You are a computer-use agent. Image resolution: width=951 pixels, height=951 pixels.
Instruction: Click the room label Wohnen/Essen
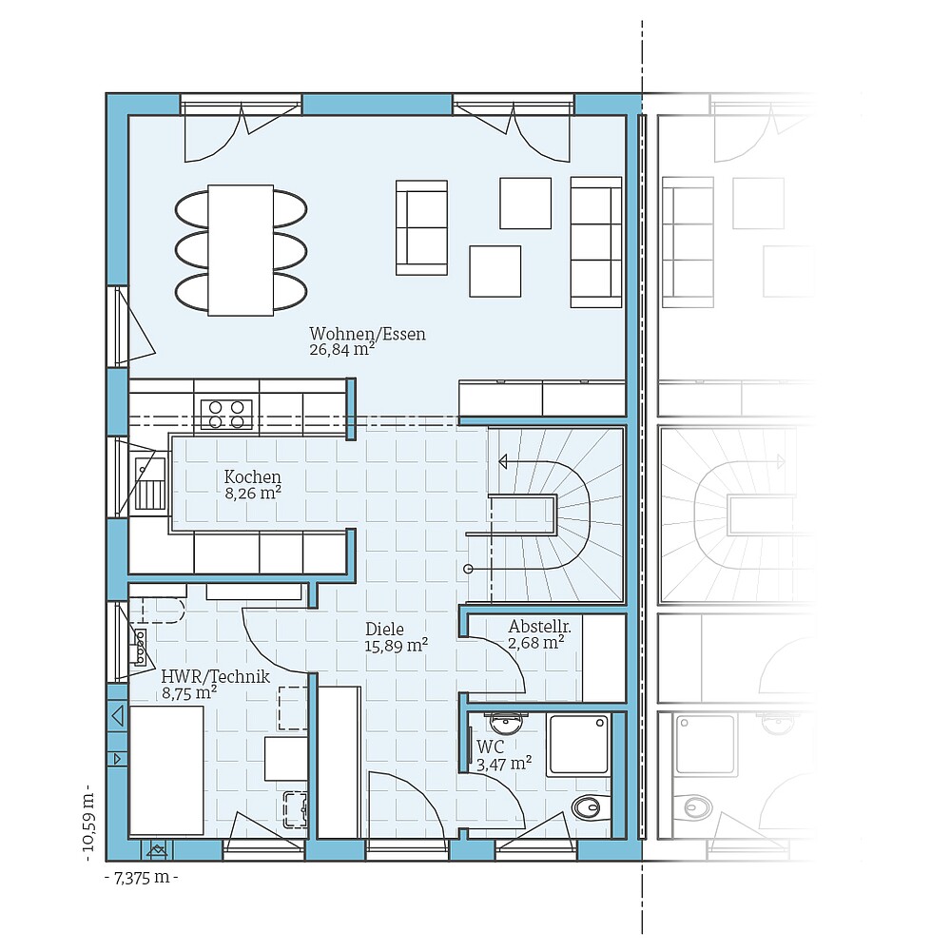tap(367, 334)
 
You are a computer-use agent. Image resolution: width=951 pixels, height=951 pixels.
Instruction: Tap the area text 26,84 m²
tap(341, 350)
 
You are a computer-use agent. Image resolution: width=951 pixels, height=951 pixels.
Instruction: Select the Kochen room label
tap(252, 476)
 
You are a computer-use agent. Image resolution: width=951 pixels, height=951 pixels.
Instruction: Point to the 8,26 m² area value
tap(252, 493)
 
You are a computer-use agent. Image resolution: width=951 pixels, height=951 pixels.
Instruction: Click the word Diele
tap(385, 629)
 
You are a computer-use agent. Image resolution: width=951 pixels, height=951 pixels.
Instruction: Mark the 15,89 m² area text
tap(397, 645)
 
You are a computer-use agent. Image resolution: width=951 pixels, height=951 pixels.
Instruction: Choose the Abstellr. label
tap(539, 627)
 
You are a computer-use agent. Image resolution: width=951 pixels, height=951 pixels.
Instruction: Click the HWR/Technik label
tap(216, 676)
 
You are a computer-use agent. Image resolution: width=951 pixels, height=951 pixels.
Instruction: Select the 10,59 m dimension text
tap(88, 819)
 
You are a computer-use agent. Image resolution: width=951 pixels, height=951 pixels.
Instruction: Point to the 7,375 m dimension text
tap(141, 878)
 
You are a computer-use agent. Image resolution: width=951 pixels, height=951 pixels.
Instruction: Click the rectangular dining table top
tap(241, 250)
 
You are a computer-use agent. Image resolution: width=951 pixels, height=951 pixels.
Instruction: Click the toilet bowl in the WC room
tap(589, 808)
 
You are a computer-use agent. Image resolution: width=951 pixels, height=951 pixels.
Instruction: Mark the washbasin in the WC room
tap(503, 724)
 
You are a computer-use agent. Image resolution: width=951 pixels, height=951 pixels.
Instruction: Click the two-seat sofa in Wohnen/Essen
tap(421, 227)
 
